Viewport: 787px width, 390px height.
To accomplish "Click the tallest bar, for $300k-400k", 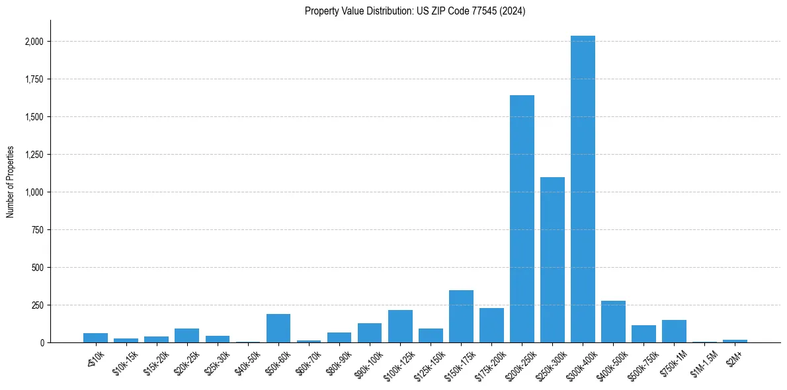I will (583, 189).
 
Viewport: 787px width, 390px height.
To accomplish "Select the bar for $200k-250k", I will (522, 219).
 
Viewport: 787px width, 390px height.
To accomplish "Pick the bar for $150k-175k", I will (461, 317).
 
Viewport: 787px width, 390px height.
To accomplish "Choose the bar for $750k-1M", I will (674, 331).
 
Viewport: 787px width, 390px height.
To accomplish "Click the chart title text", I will (415, 11).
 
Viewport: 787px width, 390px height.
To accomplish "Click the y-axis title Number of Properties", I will (11, 182).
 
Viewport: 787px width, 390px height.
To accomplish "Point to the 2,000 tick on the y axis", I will (34, 42).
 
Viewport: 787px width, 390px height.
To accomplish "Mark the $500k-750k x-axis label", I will (638, 362).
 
